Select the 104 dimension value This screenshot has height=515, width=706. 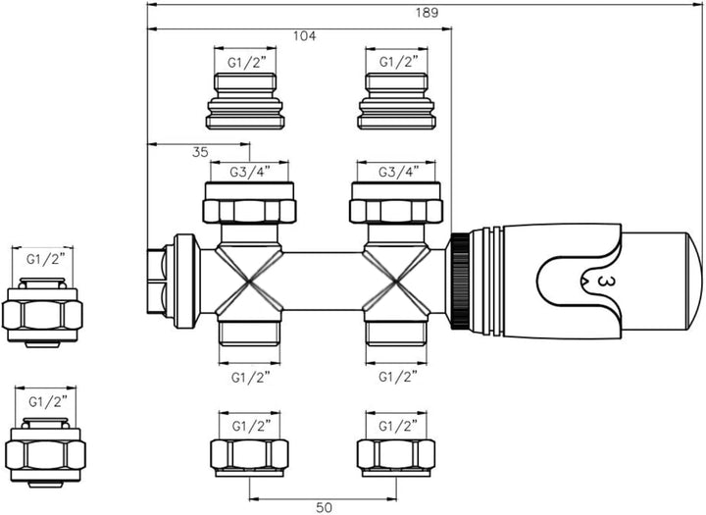pyautogui.click(x=305, y=36)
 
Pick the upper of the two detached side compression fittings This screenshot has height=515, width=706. pyautogui.click(x=42, y=313)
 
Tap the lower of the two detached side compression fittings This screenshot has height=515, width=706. pyautogui.click(x=42, y=452)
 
